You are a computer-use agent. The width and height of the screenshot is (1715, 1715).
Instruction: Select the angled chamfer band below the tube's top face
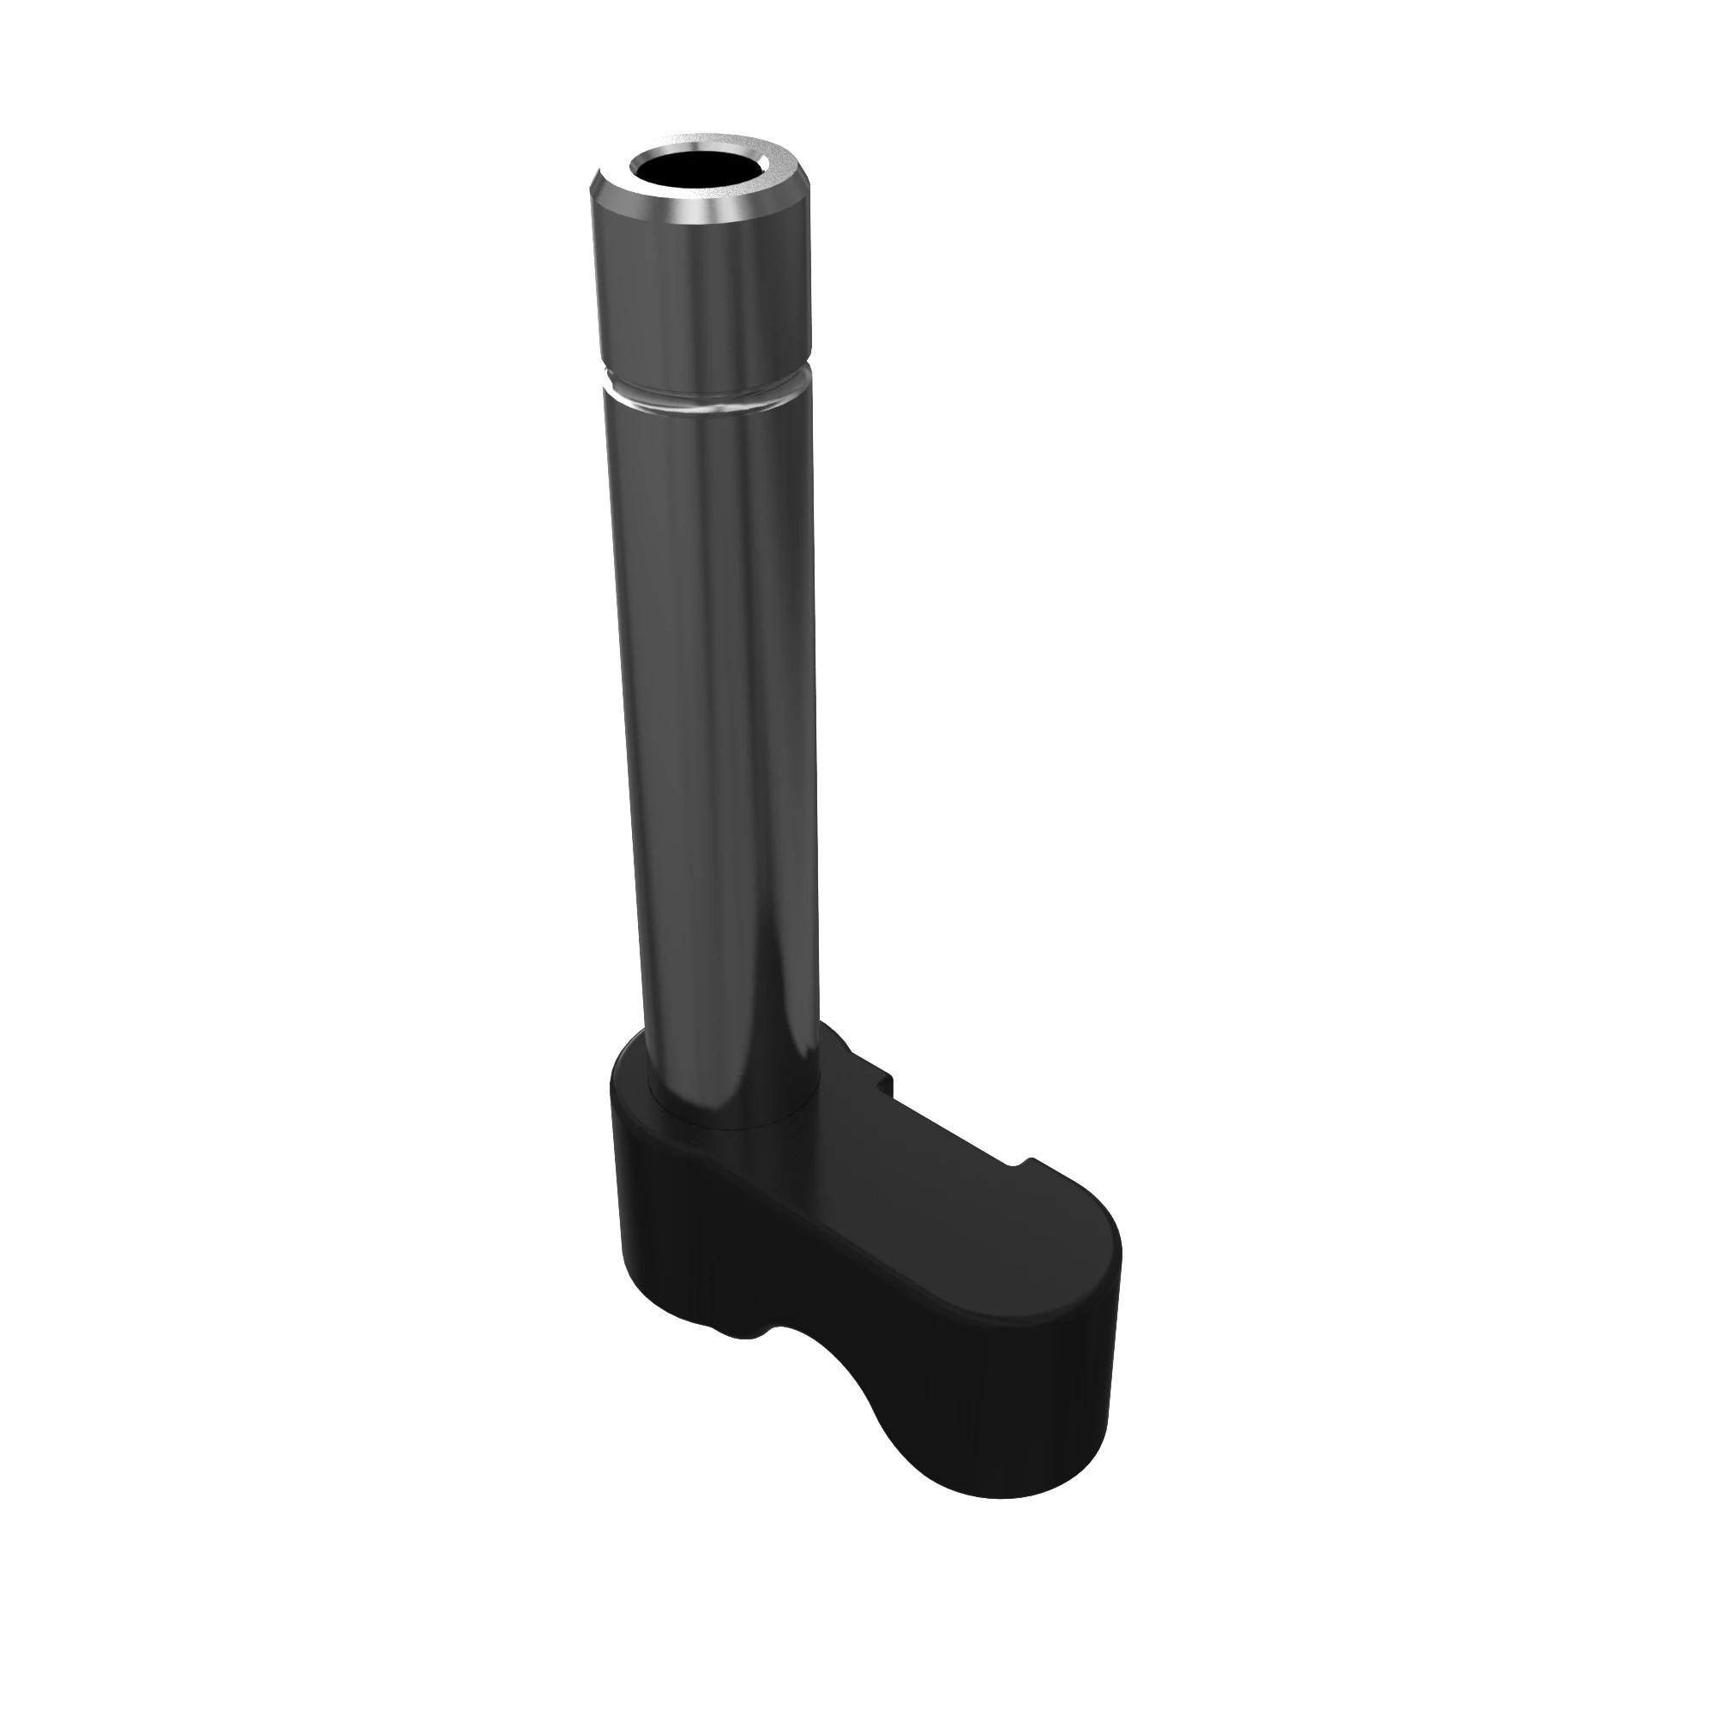pos(701,213)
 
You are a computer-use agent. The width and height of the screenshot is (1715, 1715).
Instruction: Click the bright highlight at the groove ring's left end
pos(612,388)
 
